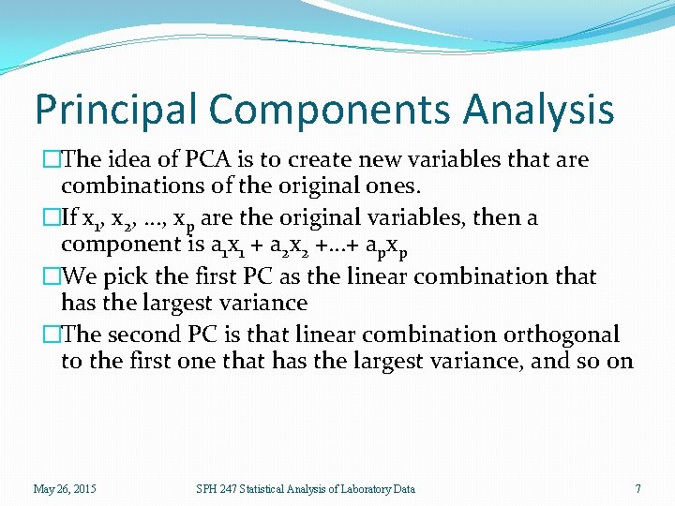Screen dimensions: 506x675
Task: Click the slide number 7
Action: click(637, 488)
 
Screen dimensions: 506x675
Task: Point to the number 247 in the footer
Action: click(225, 488)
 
